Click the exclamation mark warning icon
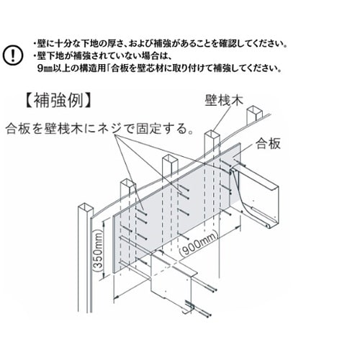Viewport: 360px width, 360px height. click(x=14, y=55)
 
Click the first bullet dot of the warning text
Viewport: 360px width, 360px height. click(x=35, y=43)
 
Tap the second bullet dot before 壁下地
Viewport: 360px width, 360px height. click(x=35, y=56)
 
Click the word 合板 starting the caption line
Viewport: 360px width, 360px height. click(x=18, y=130)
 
